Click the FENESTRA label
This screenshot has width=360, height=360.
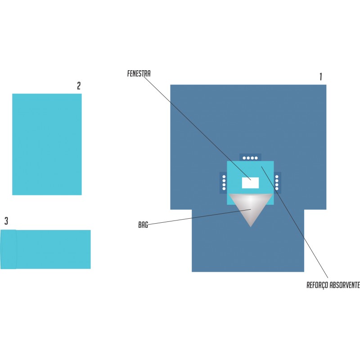pos(139,73)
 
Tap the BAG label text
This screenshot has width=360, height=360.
pos(143,225)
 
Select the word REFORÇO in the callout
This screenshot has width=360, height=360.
pos(317,285)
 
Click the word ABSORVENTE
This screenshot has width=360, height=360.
pos(344,285)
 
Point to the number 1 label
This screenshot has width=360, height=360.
pos(321,76)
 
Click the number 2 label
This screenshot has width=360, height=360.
pos(79,85)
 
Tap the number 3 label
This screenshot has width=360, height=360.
pos(6,221)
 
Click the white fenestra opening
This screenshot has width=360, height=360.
pos(250,183)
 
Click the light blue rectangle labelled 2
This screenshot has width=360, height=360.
pos(47,144)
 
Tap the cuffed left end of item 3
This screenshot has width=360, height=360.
pos(9,249)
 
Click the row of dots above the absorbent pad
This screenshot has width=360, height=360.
pos(250,158)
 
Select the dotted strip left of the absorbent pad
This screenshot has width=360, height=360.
pos(224,183)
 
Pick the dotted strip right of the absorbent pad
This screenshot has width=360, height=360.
pos(277,183)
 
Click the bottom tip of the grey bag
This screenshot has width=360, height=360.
pos(251,227)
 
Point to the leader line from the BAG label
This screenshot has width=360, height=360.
pos(199,217)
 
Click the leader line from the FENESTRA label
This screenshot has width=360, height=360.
pos(198,128)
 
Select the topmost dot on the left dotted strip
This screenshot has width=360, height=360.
pos(224,176)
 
